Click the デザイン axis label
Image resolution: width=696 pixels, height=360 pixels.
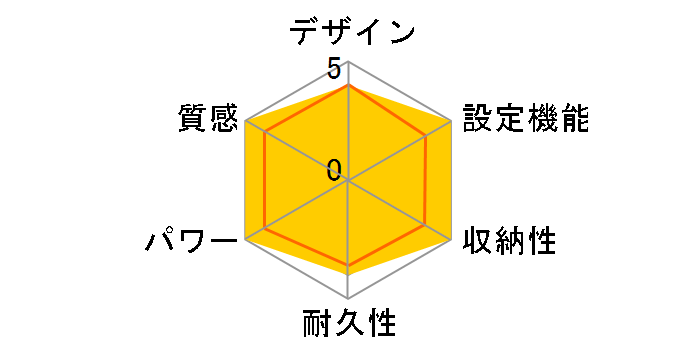[351, 32]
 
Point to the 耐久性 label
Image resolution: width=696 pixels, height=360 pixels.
[348, 324]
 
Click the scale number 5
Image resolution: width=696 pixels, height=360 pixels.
[333, 69]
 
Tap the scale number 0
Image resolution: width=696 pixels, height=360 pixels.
[333, 167]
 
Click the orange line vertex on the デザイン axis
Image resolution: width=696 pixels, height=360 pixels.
[347, 86]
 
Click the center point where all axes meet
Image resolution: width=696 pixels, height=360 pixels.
[347, 181]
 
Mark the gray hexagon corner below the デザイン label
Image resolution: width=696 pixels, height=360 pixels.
[347, 62]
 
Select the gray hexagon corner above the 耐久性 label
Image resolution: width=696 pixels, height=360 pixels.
[347, 299]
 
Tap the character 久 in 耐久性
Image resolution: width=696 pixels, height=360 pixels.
[348, 324]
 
